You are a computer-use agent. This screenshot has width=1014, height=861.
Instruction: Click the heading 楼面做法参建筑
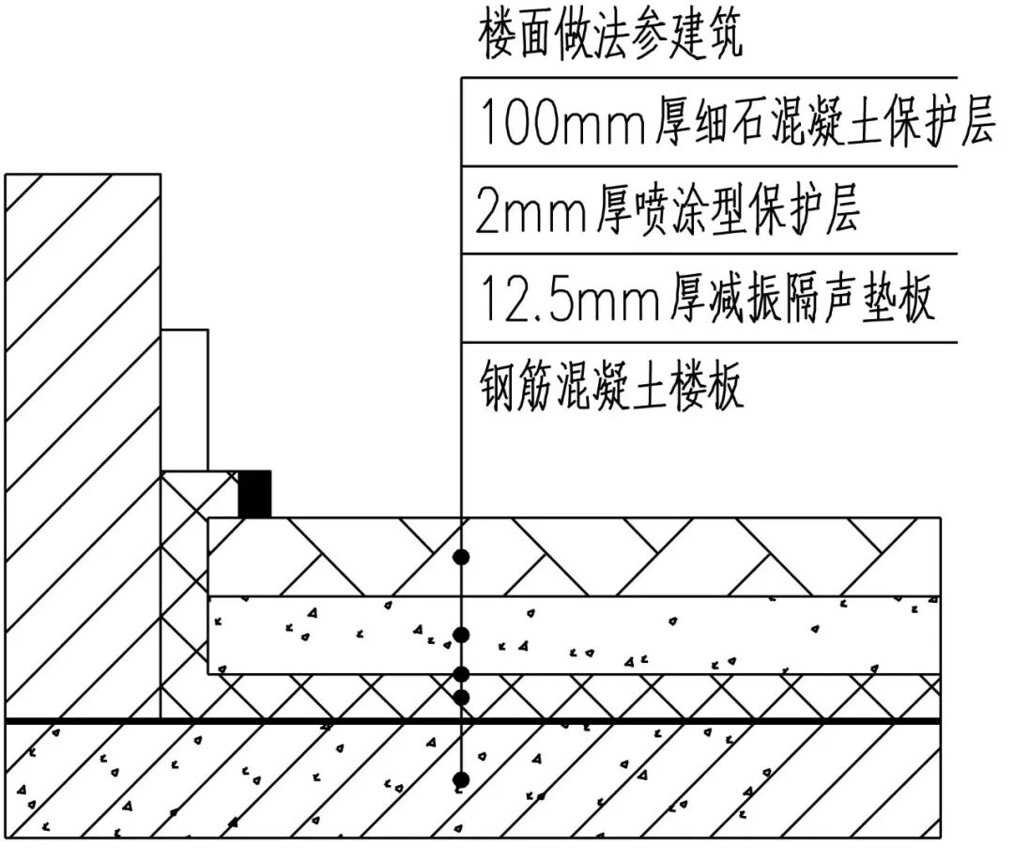(x=610, y=37)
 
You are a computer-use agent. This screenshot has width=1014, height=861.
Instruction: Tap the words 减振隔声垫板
(x=804, y=300)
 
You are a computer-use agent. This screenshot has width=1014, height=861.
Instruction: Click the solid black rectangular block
(x=254, y=494)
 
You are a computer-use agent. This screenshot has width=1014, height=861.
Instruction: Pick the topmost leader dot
(x=461, y=558)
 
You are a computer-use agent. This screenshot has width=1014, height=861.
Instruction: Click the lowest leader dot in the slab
(x=461, y=779)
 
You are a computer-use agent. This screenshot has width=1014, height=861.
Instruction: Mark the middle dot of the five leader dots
(x=461, y=673)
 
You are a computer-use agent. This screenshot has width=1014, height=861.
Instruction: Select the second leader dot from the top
(x=461, y=635)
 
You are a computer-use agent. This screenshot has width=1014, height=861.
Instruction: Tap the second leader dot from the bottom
(x=461, y=697)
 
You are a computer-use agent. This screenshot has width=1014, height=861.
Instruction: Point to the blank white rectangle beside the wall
(x=185, y=399)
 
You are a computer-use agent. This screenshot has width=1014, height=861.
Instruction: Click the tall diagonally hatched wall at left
(x=83, y=441)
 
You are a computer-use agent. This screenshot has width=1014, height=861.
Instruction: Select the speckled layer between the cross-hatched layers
(x=657, y=635)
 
